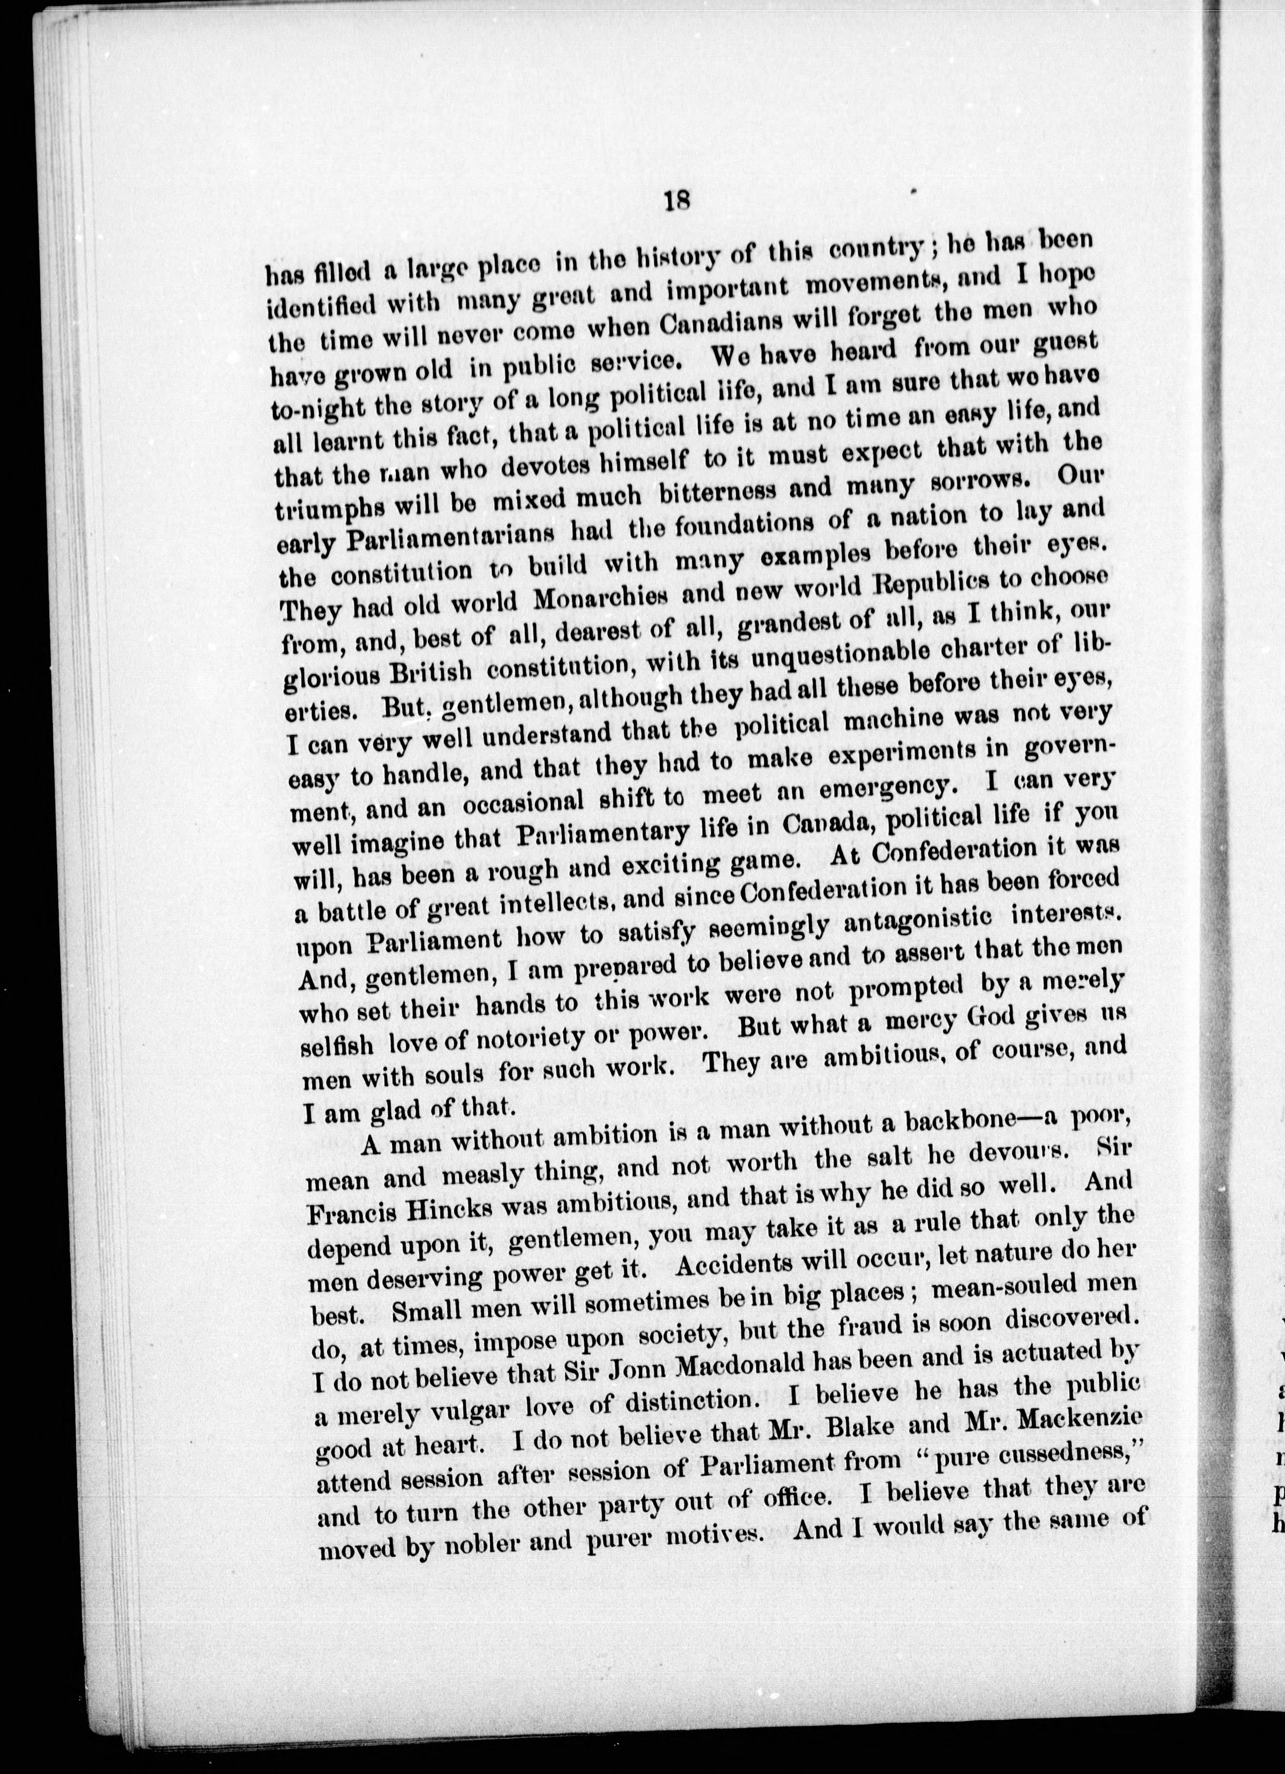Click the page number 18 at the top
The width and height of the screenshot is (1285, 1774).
pos(676,203)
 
